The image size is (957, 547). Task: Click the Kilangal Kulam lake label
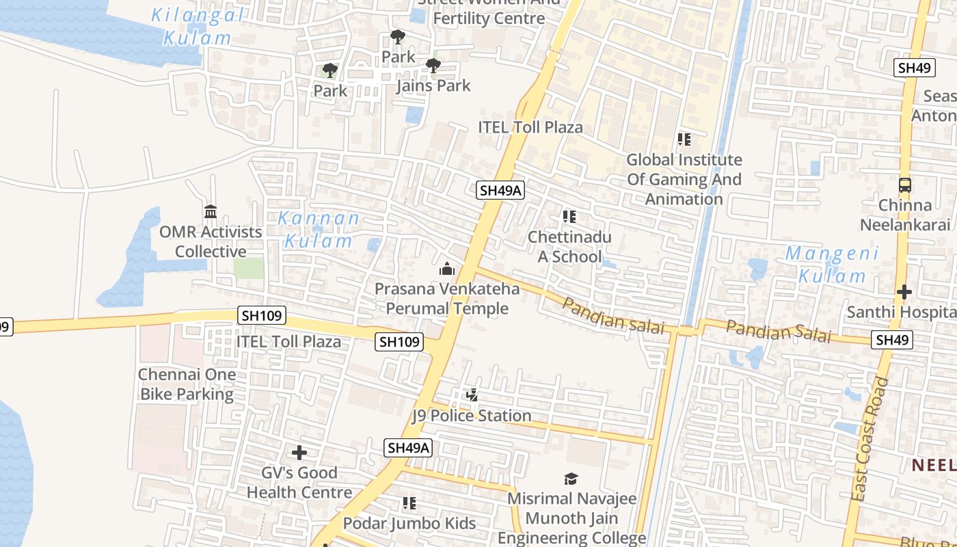197,26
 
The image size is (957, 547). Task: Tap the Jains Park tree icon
433,66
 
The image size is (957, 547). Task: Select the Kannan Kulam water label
319,230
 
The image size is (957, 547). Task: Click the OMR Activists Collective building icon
210,211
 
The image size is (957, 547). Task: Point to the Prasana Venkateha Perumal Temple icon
447,269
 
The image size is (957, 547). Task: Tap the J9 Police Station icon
472,395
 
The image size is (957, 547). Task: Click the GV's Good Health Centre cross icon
299,453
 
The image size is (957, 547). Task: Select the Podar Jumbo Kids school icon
409,504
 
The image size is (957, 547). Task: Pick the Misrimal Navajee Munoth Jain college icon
571,479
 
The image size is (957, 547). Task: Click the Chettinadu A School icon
569,217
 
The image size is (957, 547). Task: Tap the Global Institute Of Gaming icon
684,139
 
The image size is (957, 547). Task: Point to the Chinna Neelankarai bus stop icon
904,185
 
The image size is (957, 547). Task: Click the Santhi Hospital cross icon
904,293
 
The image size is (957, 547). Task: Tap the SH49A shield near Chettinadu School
500,191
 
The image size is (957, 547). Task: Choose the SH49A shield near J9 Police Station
408,448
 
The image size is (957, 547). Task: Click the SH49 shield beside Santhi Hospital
892,340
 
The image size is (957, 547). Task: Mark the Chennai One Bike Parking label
187,384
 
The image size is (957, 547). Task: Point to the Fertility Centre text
489,18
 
